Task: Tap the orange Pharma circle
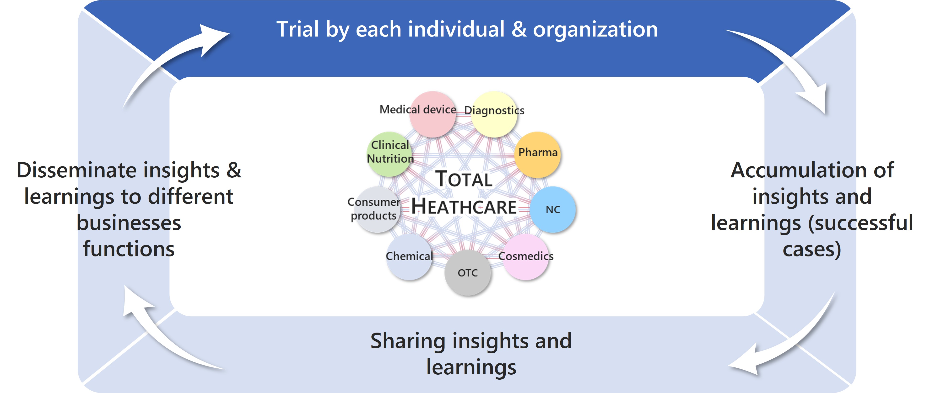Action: pyautogui.click(x=537, y=155)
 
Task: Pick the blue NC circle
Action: pyautogui.click(x=553, y=209)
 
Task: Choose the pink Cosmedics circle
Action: pyautogui.click(x=526, y=257)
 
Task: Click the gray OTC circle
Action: pyautogui.click(x=468, y=273)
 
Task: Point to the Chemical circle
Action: pyautogui.click(x=409, y=257)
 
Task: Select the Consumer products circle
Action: pyautogui.click(x=376, y=209)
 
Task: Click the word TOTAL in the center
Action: pyautogui.click(x=464, y=179)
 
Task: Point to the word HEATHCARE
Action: pyautogui.click(x=464, y=207)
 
